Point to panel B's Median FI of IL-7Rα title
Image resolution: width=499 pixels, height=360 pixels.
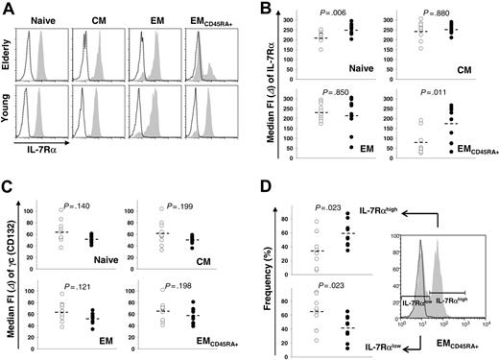pos(271,91)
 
